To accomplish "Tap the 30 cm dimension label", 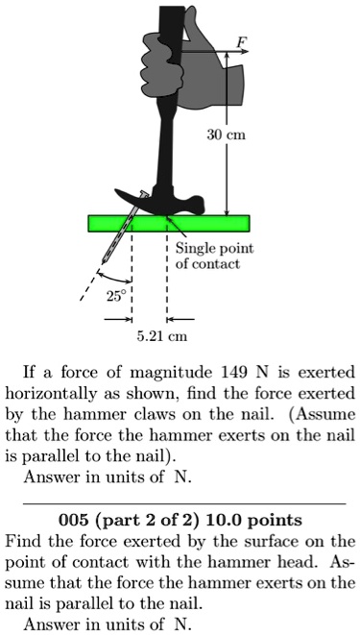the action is point(228,135).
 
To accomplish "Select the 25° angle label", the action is point(114,297).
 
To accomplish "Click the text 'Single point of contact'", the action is point(213,256).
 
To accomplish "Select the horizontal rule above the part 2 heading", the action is point(182,502).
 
